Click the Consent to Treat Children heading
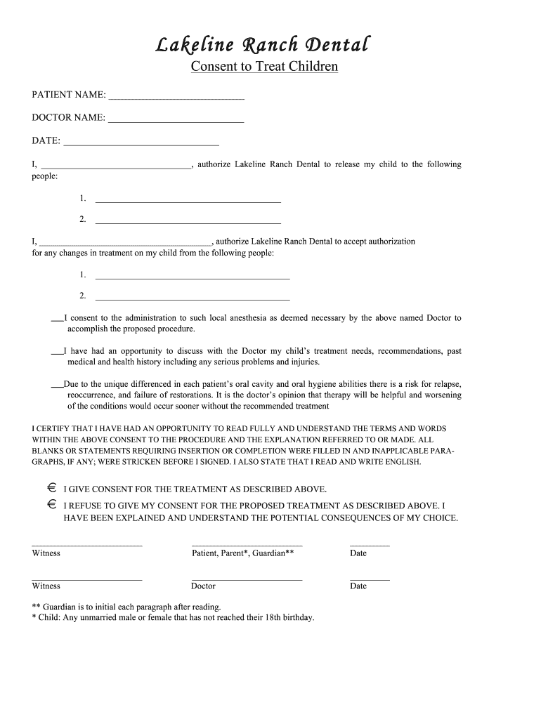coord(265,67)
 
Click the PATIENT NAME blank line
coord(176,98)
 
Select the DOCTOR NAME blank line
coord(176,121)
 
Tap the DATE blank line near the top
coord(141,145)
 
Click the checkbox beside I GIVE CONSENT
coord(52,487)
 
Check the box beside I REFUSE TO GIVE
coord(52,504)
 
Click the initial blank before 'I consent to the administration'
coord(58,321)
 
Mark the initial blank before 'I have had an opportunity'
coord(58,354)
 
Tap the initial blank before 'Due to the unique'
coord(58,388)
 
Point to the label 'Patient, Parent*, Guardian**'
coord(242,553)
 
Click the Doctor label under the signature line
coord(203,586)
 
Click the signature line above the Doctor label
coord(247,579)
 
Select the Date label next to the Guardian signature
coord(358,553)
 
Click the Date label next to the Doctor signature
coord(358,586)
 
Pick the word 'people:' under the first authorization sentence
coord(45,176)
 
